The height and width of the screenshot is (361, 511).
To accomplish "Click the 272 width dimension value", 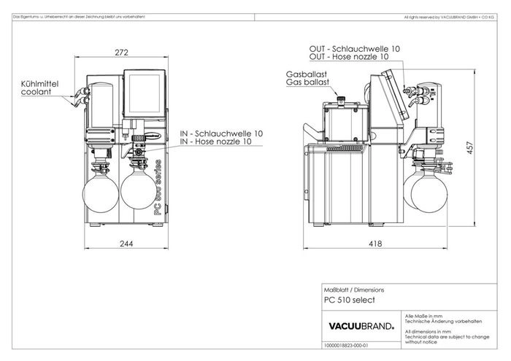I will point(123,53).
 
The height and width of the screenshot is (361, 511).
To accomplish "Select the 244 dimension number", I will point(126,244).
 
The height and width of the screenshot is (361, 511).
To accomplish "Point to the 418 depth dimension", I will point(374,244).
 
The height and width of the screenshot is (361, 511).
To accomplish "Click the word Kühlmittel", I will point(39,85).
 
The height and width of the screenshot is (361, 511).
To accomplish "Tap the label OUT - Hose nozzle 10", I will point(349,56).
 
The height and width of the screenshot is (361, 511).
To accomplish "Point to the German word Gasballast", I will point(307,75).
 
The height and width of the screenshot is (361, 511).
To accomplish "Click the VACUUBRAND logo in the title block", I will point(357,325).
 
